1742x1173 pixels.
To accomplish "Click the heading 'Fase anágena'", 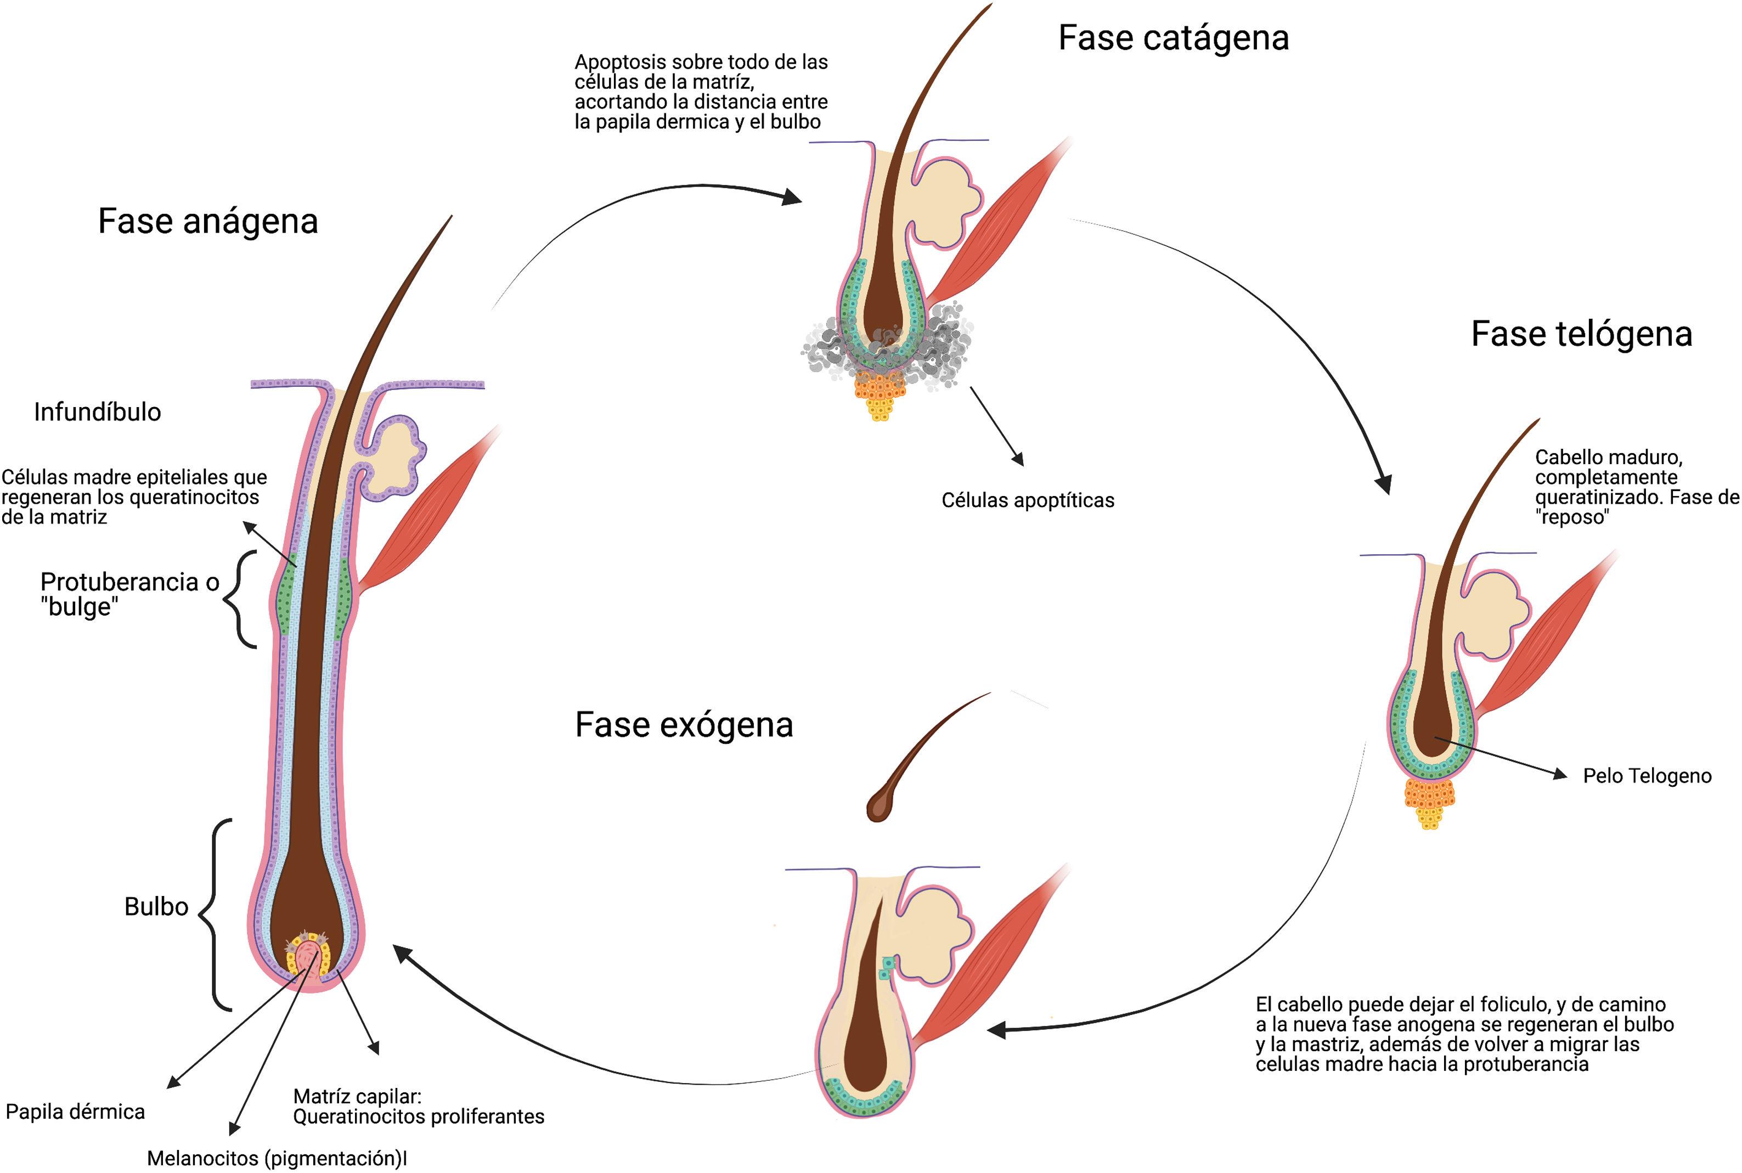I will coord(208,222).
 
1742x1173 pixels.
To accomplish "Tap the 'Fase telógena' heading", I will coord(1581,334).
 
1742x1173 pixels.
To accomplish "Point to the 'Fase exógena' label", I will coord(684,725).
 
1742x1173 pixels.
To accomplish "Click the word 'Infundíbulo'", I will coord(97,412).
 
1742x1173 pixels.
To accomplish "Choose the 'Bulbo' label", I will coord(156,907).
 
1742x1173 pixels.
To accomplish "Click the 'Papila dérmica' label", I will coord(75,1112).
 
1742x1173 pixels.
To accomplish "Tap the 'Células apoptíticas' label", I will coord(1027,500).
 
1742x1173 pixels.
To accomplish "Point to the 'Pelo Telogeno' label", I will coord(1647,776).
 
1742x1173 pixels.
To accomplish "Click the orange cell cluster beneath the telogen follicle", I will coord(1429,799).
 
